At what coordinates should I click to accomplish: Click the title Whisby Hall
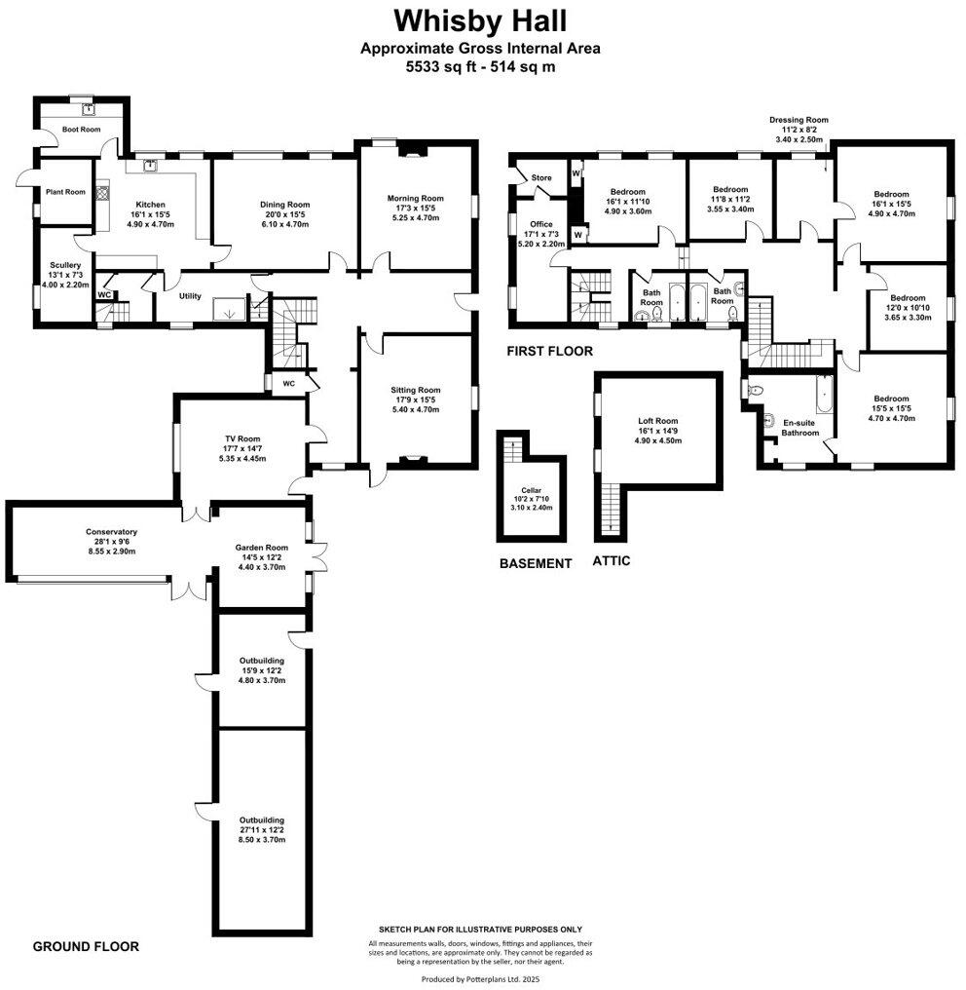480,19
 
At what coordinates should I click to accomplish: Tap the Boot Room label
82,129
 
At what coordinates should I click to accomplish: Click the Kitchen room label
150,204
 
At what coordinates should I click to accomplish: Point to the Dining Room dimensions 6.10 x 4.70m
284,224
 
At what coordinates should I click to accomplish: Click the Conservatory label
107,532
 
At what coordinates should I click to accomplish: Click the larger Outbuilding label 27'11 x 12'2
260,820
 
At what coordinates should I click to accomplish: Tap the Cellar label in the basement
531,490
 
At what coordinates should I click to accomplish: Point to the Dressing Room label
799,120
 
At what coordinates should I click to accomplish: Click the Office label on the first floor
541,224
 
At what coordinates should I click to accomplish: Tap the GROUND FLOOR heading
86,946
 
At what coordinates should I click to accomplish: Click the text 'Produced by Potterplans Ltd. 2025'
480,977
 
